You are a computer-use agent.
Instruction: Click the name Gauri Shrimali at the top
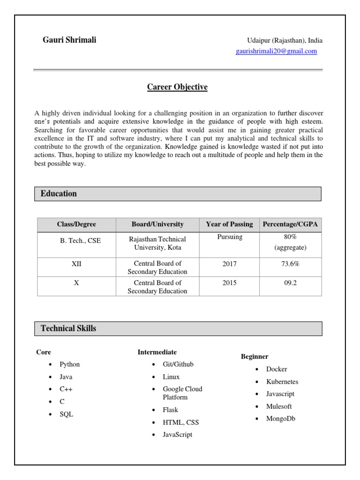69,40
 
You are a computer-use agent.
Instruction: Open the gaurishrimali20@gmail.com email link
276,52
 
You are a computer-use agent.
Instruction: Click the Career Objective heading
177,87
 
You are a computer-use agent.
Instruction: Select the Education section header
59,194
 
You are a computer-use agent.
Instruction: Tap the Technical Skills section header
68,329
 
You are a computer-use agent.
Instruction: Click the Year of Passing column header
229,225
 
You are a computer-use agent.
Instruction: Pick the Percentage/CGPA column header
290,225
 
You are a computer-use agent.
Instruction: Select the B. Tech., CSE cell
80,240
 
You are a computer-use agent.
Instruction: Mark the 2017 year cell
230,264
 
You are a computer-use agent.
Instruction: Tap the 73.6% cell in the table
290,264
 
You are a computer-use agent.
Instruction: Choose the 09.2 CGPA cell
291,283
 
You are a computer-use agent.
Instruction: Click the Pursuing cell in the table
230,237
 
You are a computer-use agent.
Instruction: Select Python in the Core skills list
69,364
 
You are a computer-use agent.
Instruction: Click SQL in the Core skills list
66,414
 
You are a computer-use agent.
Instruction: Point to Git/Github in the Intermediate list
178,364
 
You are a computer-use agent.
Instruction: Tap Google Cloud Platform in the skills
182,393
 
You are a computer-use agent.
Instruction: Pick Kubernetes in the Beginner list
282,382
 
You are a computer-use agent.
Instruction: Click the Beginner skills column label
255,357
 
